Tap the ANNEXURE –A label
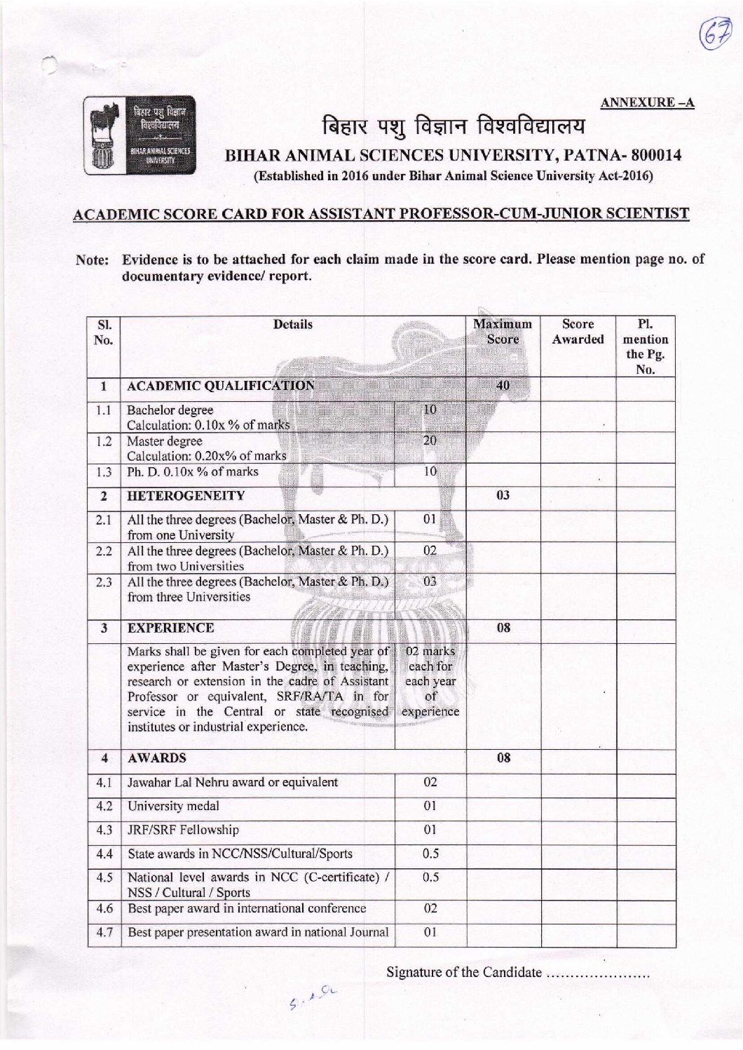click(x=647, y=103)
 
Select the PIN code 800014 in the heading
click(x=654, y=155)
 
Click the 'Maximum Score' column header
click(x=503, y=332)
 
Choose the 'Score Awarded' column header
click(x=578, y=332)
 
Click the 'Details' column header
click(x=293, y=325)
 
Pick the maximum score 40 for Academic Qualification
click(x=503, y=385)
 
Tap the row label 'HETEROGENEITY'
click(x=186, y=496)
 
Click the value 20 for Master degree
click(x=430, y=440)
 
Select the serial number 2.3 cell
click(x=104, y=582)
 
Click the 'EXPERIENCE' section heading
click(x=170, y=628)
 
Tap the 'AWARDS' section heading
click(x=156, y=758)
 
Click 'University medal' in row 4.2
click(x=173, y=806)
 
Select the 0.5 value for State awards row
click(x=430, y=854)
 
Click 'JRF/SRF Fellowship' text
click(x=183, y=830)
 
